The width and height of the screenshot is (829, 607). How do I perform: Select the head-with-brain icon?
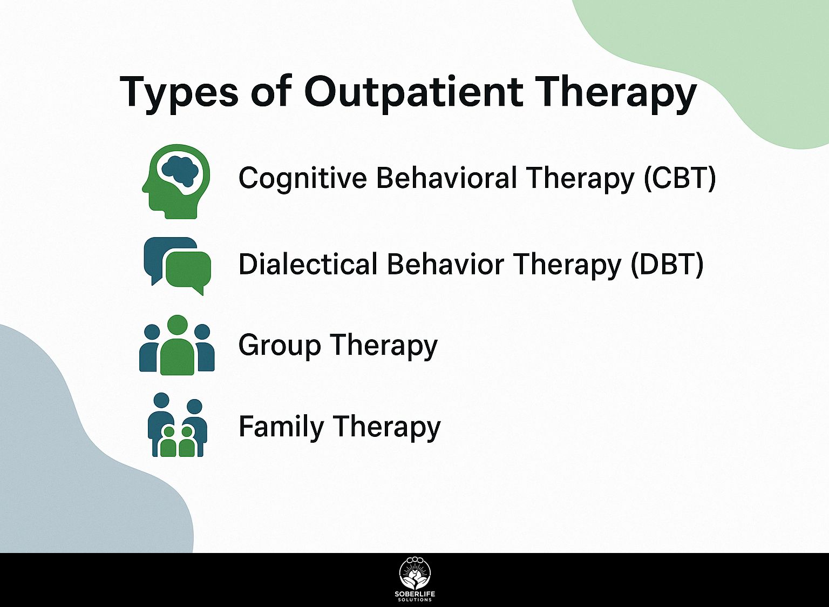(176, 181)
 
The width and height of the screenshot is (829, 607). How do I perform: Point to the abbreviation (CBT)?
(680, 178)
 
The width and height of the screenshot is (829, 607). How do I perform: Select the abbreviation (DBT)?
(667, 264)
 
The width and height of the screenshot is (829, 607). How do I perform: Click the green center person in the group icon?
(177, 346)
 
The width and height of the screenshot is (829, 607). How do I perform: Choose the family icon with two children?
(177, 425)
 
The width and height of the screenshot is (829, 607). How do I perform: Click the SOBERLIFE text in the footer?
(415, 595)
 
